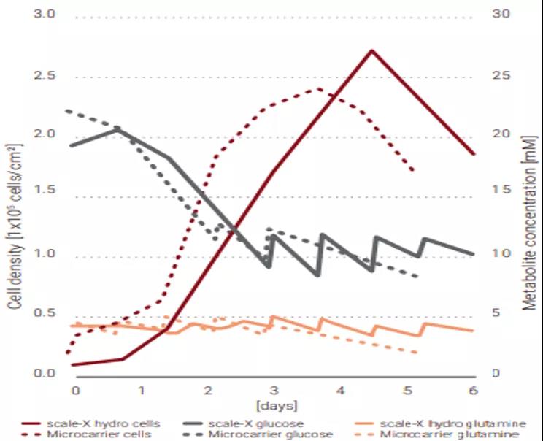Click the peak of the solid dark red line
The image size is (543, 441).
coord(371,50)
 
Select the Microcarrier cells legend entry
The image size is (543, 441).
coord(98,434)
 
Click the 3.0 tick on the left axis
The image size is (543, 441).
coord(45,15)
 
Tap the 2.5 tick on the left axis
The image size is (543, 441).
coord(45,76)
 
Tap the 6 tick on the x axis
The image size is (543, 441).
coord(473,391)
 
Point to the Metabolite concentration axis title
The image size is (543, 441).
coord(529,226)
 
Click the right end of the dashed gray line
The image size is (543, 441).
coord(417,277)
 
